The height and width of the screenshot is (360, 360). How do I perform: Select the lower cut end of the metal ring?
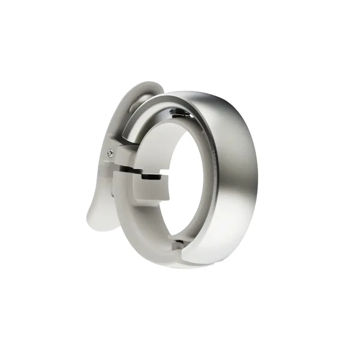point(184,256)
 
